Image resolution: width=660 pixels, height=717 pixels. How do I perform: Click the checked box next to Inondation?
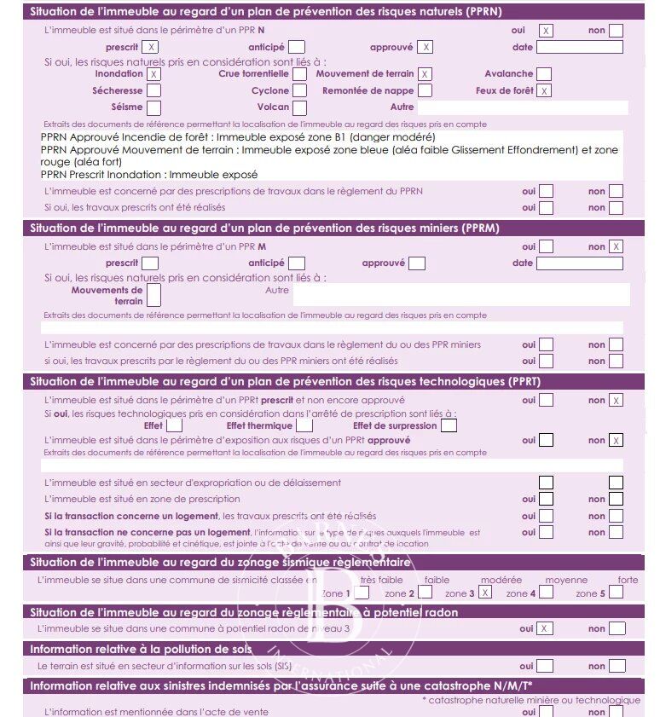tap(153, 74)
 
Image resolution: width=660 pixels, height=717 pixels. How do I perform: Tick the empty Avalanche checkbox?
tap(543, 74)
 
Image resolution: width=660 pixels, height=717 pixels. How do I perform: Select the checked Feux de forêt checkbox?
tap(543, 90)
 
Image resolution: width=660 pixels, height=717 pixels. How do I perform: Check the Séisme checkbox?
tap(153, 107)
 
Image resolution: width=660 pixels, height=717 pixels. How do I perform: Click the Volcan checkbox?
tap(299, 107)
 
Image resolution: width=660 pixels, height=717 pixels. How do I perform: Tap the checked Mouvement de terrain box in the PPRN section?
tap(425, 74)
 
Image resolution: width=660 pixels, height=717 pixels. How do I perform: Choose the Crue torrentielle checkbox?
tap(299, 74)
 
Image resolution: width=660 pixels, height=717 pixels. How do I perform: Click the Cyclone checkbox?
tap(299, 90)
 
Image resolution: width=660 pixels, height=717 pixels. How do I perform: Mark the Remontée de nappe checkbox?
tap(425, 90)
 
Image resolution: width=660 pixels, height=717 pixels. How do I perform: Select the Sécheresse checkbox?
tap(153, 90)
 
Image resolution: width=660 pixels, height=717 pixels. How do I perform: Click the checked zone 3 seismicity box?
tap(485, 593)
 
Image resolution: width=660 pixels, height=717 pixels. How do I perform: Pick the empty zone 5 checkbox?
tap(616, 593)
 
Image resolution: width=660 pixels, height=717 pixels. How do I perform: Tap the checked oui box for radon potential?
tap(546, 628)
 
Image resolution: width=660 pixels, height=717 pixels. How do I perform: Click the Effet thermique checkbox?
tap(305, 425)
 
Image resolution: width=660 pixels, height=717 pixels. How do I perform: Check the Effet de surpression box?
tap(449, 425)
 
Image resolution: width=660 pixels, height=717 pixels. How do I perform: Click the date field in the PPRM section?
tap(579, 263)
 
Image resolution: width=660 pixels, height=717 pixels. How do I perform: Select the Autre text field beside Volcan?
tap(522, 107)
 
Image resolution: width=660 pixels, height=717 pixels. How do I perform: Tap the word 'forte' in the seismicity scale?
tap(628, 580)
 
